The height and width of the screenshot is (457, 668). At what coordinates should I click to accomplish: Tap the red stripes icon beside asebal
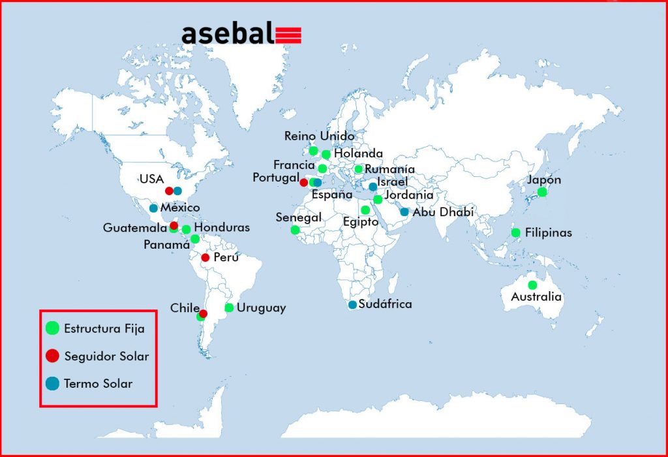point(288,35)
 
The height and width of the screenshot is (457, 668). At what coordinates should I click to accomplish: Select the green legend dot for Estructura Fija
point(52,328)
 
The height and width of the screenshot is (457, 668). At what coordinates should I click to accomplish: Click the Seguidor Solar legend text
point(106,356)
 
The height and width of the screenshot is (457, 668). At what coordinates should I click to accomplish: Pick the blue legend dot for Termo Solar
point(52,383)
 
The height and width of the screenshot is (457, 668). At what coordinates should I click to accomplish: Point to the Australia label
point(536,296)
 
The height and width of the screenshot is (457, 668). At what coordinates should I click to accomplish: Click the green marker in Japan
point(542,192)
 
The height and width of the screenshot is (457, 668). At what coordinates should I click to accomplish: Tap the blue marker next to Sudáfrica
point(352,305)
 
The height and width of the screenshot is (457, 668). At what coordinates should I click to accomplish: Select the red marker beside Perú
point(205,257)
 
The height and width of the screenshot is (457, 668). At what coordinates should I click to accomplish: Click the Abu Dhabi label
point(443,212)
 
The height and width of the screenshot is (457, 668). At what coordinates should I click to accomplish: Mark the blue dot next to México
point(153,208)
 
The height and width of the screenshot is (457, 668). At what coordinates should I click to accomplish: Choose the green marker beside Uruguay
point(229,307)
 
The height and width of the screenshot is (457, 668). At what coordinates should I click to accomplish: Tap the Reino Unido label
point(320,136)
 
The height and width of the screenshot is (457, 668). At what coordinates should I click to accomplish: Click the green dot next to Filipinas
point(515,233)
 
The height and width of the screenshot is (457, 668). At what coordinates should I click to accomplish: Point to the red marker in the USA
point(169,191)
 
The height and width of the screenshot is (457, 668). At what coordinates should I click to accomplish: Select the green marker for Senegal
point(295,230)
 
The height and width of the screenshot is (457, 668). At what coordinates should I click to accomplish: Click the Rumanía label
point(390,169)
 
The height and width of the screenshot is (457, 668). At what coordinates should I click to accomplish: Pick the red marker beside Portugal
point(304,182)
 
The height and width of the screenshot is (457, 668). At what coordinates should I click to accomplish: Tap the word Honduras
point(222,227)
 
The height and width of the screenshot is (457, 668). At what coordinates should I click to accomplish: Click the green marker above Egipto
point(365,210)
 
